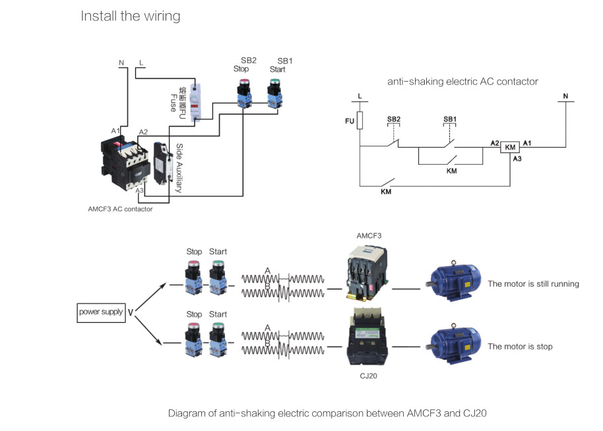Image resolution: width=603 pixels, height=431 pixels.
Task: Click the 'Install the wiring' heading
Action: point(130,16)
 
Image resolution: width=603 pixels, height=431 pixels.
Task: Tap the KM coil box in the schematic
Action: point(510,147)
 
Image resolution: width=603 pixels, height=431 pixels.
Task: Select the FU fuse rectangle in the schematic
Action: point(360,121)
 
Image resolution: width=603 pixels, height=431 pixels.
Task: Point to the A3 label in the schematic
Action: point(517,159)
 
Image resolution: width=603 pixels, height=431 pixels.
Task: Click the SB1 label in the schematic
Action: point(450,119)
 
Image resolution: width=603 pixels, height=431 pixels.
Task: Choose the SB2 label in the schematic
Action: point(393,119)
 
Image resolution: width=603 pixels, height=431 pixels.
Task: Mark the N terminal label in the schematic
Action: point(565,96)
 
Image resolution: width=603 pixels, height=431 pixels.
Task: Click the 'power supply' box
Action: point(101,312)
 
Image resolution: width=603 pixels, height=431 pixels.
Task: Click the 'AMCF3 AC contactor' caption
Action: point(120,209)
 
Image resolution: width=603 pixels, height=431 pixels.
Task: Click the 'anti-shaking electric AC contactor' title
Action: point(462,82)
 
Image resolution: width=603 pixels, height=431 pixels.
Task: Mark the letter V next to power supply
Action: point(131,312)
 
